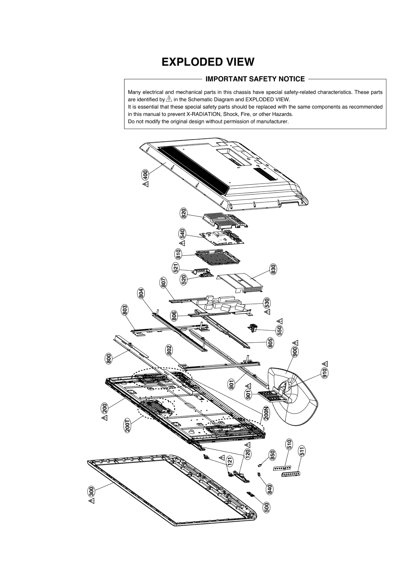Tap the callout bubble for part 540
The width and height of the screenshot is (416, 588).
[x=183, y=234]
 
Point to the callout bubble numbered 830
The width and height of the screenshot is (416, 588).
[x=273, y=269]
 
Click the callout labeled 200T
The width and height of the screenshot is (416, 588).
[x=128, y=425]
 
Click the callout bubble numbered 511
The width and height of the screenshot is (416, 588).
[x=302, y=451]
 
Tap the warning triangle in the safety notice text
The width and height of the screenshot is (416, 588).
[x=169, y=99]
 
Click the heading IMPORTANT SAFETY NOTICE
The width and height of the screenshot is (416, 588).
[x=255, y=79]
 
